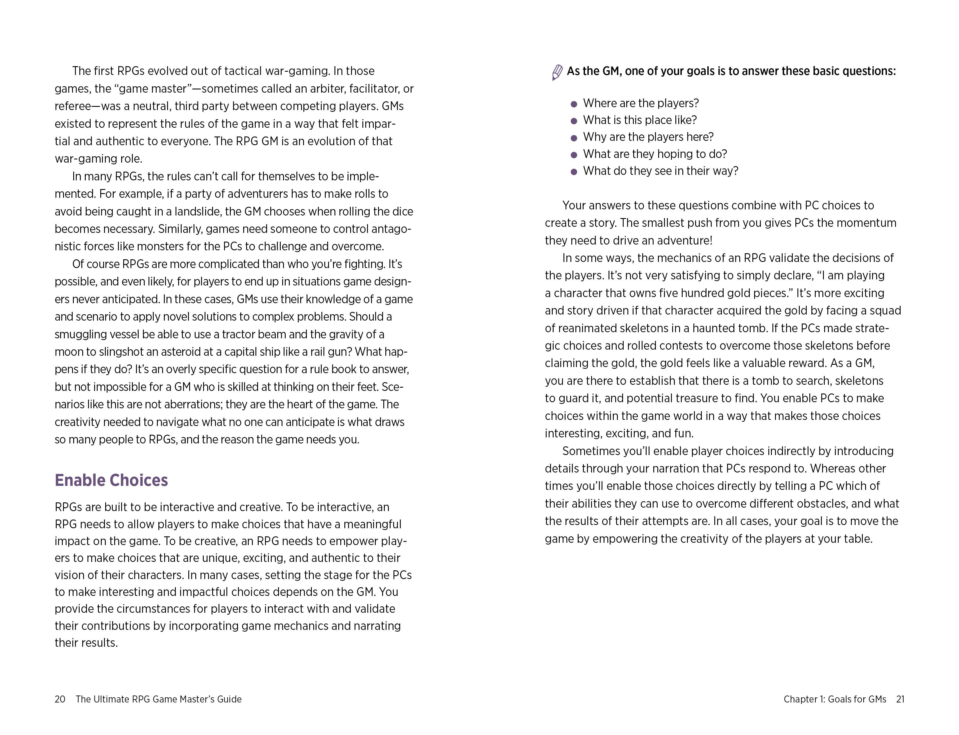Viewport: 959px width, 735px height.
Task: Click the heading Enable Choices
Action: coord(111,480)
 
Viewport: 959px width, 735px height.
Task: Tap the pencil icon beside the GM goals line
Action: coord(557,72)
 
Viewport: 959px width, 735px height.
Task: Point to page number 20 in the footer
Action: coord(60,699)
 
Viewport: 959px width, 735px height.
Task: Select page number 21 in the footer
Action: coord(900,699)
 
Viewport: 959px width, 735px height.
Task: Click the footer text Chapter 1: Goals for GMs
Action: coord(835,699)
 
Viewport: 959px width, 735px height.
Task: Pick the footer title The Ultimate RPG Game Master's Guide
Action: coord(158,699)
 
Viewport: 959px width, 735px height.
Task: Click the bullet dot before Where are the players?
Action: coord(574,104)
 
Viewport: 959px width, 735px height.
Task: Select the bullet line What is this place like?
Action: coord(640,120)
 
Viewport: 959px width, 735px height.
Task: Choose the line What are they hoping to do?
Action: coord(655,154)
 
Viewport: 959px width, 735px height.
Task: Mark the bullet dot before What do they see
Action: coord(574,172)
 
